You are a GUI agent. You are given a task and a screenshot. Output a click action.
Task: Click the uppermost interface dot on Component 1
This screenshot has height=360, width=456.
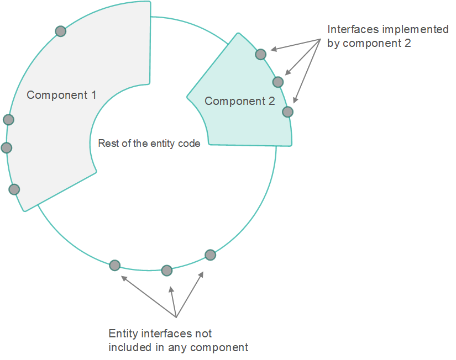click(x=60, y=31)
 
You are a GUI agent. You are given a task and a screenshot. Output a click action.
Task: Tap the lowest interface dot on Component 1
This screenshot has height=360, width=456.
click(x=14, y=189)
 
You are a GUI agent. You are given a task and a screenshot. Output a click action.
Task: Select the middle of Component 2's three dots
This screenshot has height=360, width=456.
click(x=278, y=82)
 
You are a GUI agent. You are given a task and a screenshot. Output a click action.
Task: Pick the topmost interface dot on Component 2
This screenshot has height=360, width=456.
click(x=260, y=54)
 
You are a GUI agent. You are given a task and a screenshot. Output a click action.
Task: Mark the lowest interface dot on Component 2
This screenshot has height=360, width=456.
click(x=287, y=112)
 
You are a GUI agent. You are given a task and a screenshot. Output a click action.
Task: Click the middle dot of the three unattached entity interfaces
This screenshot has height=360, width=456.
click(x=167, y=271)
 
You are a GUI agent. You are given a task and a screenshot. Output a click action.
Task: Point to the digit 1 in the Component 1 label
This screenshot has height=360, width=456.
click(x=93, y=95)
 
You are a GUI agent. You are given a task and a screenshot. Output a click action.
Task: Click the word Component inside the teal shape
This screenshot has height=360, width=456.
click(x=235, y=101)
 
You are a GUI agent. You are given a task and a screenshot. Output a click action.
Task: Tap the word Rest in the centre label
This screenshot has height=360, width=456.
click(x=107, y=143)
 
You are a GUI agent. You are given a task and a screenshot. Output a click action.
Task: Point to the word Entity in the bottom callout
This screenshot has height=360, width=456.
click(x=123, y=334)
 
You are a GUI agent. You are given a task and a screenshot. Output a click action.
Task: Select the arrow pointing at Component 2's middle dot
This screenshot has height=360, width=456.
click(x=303, y=57)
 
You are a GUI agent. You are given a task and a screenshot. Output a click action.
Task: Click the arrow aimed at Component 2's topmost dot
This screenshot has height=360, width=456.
click(x=296, y=45)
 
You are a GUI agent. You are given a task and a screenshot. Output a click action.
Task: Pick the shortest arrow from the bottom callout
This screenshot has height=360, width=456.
click(x=174, y=302)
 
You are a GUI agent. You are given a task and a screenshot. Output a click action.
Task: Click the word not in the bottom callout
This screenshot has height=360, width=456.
click(x=203, y=334)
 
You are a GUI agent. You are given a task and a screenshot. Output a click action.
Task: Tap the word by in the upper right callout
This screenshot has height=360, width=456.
click(x=333, y=44)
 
